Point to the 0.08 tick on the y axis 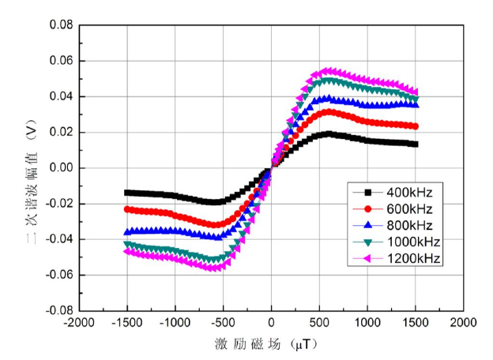pos(61,25)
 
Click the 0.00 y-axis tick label pos(61,168)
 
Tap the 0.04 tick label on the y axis pos(61,96)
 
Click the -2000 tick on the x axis pos(79,323)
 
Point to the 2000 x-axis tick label pos(463,323)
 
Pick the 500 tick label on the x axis pos(319,323)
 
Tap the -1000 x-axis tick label pos(175,323)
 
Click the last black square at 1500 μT pos(415,144)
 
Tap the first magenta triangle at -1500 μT pos(127,250)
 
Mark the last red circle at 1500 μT pos(415,126)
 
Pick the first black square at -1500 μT pos(127,193)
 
